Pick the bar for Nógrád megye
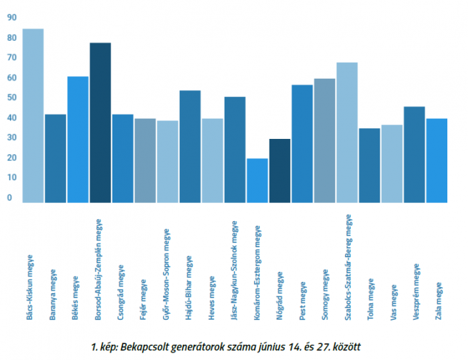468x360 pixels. click(279, 170)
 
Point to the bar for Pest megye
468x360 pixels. click(302, 144)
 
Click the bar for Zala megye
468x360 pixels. click(437, 160)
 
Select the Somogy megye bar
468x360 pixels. click(324, 140)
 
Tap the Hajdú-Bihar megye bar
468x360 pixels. click(190, 146)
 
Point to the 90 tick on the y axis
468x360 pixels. click(10, 18)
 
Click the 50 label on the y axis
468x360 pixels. click(10, 98)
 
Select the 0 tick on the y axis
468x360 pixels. click(10, 198)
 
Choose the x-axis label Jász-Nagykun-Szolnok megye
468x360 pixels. click(234, 271)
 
